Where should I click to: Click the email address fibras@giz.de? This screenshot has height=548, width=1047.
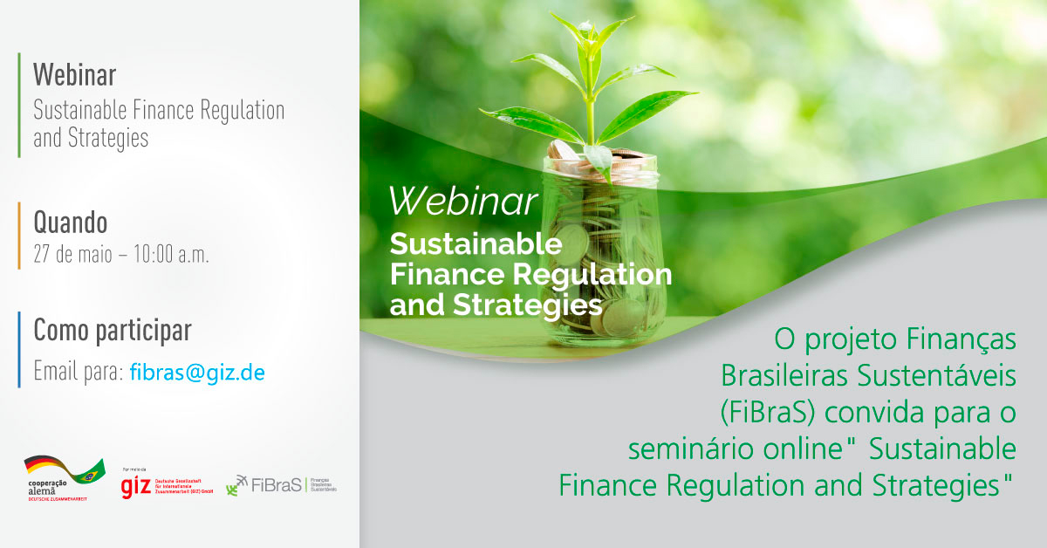click(x=197, y=373)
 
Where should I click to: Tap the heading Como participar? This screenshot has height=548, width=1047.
click(x=112, y=331)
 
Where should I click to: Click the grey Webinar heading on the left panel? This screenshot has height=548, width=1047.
click(x=74, y=75)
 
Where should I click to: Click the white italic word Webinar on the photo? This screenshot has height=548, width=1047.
click(x=462, y=201)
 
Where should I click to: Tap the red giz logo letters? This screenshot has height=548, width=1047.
click(x=136, y=486)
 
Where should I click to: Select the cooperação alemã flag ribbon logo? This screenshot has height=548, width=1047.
click(x=64, y=475)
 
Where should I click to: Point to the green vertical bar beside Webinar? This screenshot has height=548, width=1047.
click(x=18, y=105)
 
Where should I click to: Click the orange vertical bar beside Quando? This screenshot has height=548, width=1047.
click(x=18, y=235)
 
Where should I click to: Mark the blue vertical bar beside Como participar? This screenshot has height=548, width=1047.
click(x=18, y=349)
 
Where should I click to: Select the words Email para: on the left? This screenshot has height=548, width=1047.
click(x=78, y=373)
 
